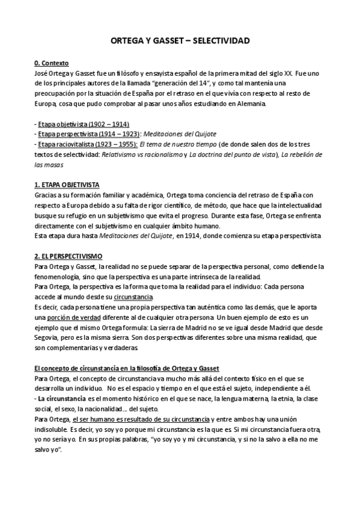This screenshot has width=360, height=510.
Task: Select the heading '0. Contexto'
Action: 52,63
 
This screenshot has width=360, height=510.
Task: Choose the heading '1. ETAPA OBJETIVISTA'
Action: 67,185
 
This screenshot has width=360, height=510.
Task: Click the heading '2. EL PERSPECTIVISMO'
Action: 68,256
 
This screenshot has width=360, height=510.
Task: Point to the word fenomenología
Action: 61,277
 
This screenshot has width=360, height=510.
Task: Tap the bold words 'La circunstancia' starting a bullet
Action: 61,399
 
